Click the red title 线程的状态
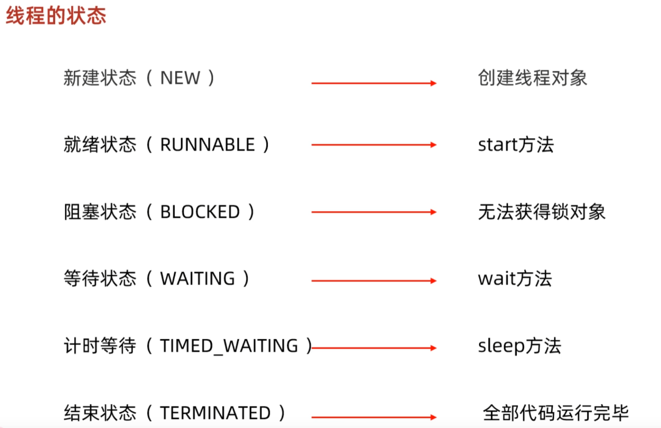click(56, 16)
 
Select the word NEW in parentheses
click(180, 78)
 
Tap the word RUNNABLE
click(207, 145)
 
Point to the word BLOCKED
click(200, 212)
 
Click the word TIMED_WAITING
click(229, 346)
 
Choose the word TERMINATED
click(215, 413)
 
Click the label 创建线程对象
click(532, 78)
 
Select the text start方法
click(516, 145)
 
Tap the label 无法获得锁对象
click(541, 212)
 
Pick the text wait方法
click(515, 279)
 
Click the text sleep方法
click(519, 346)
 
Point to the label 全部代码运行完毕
click(556, 413)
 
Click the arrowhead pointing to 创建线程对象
click(433, 83)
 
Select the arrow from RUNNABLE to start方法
click(373, 145)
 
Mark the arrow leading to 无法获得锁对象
click(373, 212)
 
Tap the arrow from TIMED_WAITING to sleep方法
click(373, 348)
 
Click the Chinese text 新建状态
click(100, 78)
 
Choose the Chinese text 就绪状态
click(100, 145)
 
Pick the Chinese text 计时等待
click(100, 346)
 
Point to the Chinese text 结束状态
click(100, 413)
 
